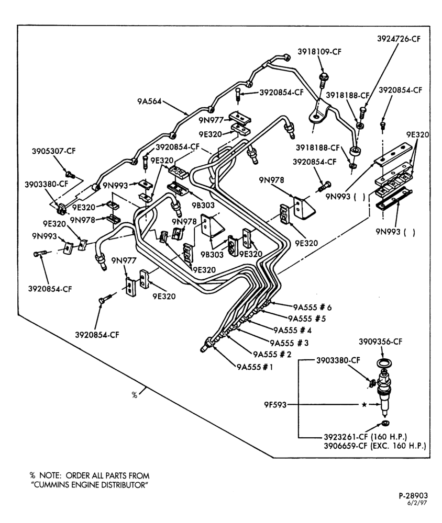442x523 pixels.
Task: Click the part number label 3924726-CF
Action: (399, 39)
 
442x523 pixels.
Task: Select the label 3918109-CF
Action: (319, 51)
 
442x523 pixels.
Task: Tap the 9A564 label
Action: (149, 101)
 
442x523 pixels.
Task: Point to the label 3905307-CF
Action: (54, 151)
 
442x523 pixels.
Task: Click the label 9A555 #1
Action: (255, 367)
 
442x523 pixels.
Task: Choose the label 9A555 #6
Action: (312, 307)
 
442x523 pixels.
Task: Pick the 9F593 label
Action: (275, 405)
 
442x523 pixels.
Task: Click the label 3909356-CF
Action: (381, 342)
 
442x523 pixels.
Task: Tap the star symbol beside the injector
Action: (364, 405)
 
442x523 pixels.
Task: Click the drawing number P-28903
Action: (413, 496)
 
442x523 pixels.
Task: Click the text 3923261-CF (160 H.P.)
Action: (365, 437)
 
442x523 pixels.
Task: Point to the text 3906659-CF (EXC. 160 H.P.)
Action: (375, 446)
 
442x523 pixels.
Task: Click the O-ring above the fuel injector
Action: (384, 362)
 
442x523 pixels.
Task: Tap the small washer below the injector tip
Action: (385, 424)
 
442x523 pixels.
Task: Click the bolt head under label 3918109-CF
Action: (324, 77)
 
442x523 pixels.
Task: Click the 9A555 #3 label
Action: (289, 343)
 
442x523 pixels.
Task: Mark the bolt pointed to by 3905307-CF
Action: (70, 174)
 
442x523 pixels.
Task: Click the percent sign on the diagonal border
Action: (134, 395)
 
